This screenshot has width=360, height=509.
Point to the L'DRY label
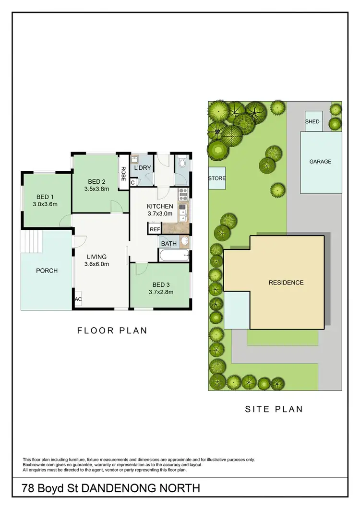(x=143, y=168)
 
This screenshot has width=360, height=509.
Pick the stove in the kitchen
(x=182, y=195)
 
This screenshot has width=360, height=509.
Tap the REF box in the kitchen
(x=155, y=229)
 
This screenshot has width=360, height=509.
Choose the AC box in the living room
(x=78, y=299)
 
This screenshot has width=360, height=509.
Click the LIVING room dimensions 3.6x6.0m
(x=96, y=264)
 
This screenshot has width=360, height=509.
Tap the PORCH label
(x=47, y=271)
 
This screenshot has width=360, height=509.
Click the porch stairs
(x=32, y=238)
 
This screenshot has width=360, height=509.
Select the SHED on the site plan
(x=312, y=121)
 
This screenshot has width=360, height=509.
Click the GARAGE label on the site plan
(x=320, y=162)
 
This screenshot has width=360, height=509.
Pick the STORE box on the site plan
(x=216, y=178)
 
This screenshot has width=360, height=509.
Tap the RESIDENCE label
(x=286, y=283)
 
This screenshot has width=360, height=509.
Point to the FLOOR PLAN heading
(x=112, y=330)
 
